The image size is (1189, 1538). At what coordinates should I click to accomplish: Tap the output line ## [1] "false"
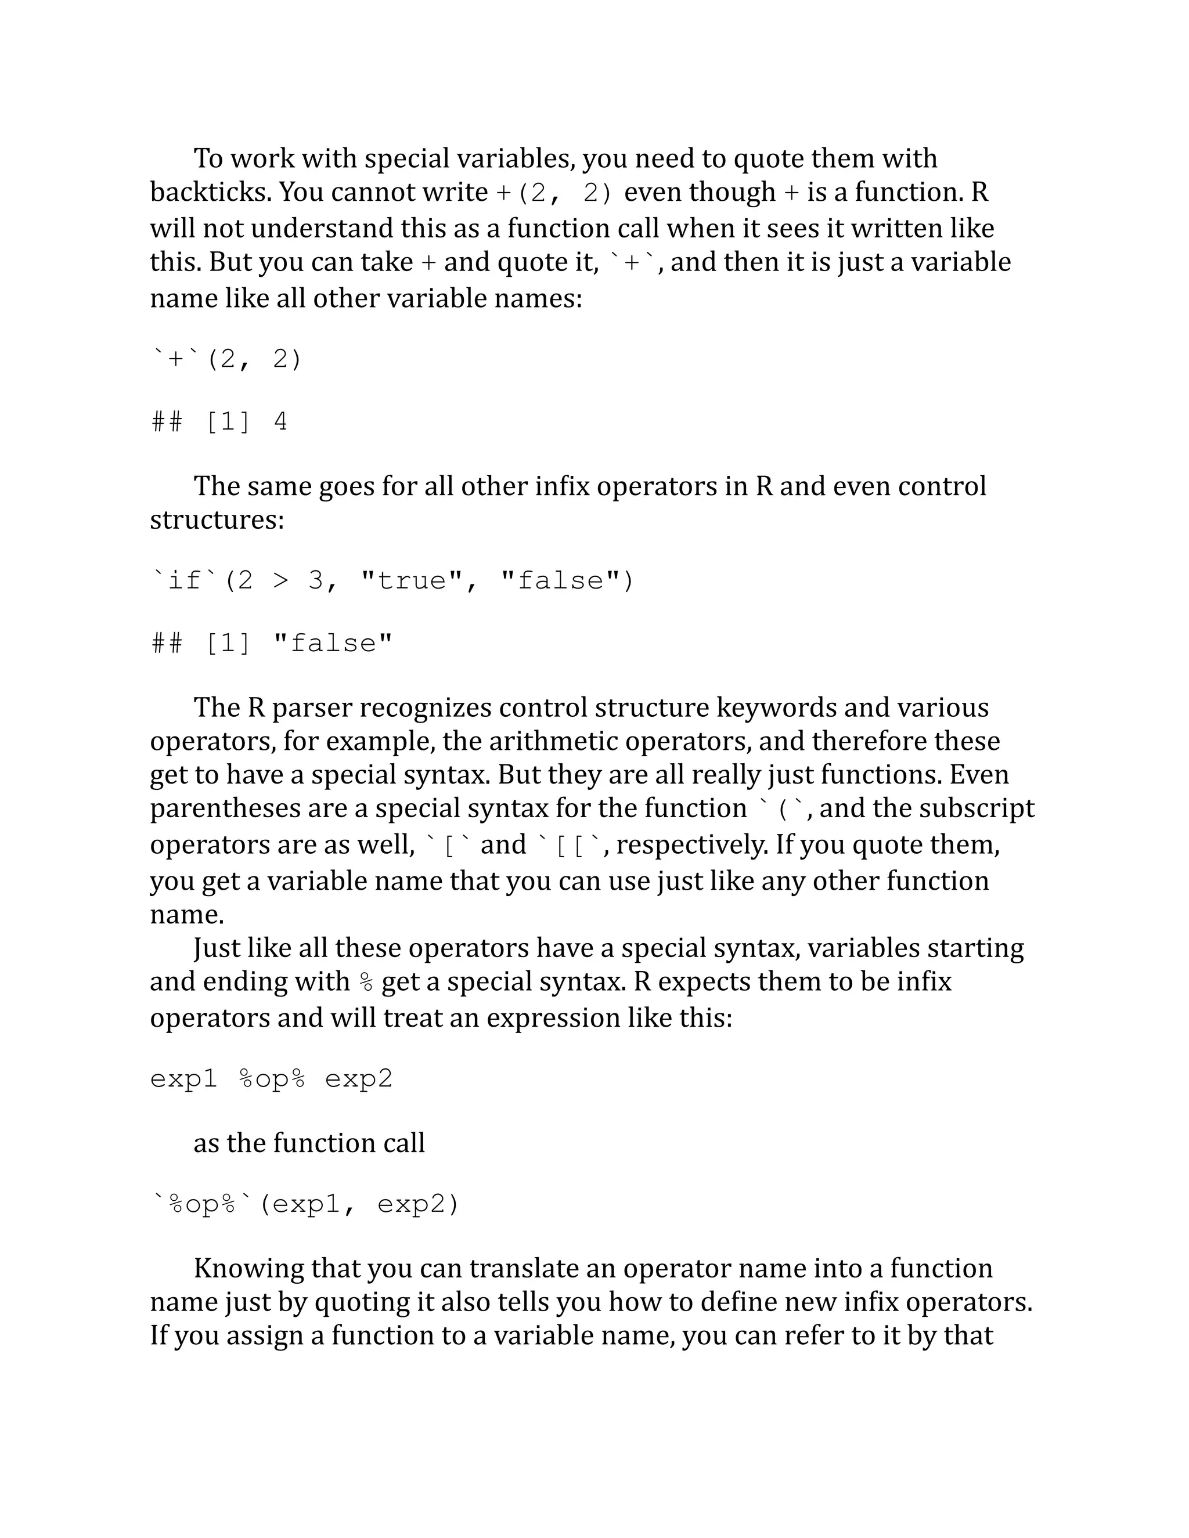(272, 643)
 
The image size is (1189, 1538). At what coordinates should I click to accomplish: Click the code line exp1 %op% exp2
(271, 1079)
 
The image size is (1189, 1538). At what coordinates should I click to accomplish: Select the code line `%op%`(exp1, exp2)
(304, 1204)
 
